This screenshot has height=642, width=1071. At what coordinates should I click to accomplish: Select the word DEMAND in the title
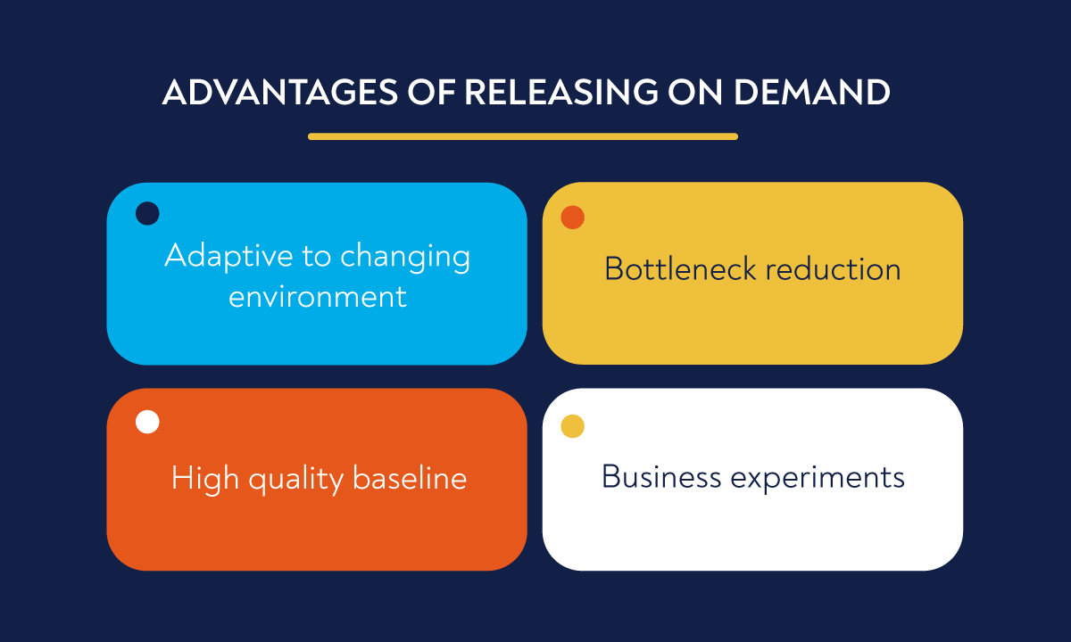click(814, 93)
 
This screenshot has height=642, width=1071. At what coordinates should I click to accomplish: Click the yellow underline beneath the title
click(523, 136)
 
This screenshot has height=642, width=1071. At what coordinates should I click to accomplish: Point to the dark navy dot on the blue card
click(147, 213)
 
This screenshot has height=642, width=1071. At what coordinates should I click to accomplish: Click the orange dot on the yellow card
click(572, 218)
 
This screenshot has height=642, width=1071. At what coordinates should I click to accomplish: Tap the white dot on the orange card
click(147, 422)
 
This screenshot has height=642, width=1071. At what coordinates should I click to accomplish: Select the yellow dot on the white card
click(572, 426)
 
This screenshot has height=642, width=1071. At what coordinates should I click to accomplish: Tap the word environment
click(318, 296)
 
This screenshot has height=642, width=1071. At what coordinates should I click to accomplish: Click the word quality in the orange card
click(295, 480)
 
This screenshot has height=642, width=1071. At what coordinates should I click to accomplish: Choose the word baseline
click(410, 478)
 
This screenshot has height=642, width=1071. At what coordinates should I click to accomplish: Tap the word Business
click(661, 476)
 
